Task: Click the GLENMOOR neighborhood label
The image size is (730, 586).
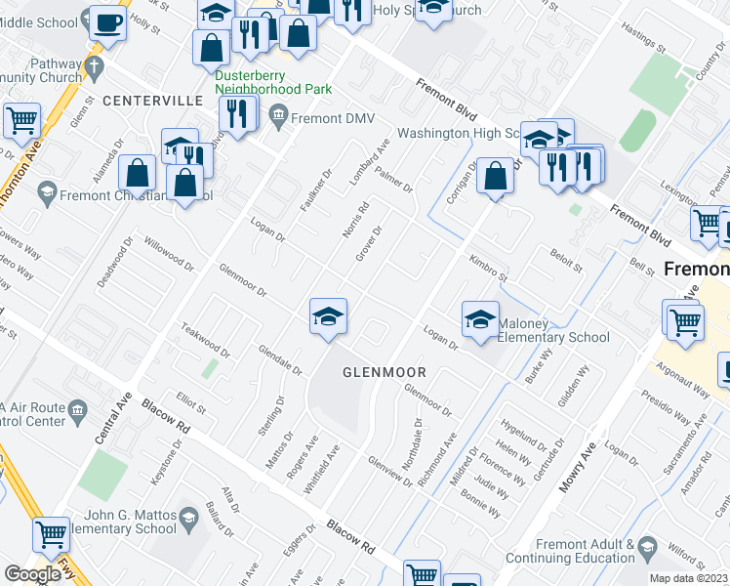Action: (385, 372)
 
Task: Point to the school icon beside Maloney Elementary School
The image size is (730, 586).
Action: (480, 319)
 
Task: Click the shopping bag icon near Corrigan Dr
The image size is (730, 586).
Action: (496, 178)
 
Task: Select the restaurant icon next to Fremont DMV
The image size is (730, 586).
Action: (237, 113)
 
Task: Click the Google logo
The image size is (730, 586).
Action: (32, 574)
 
